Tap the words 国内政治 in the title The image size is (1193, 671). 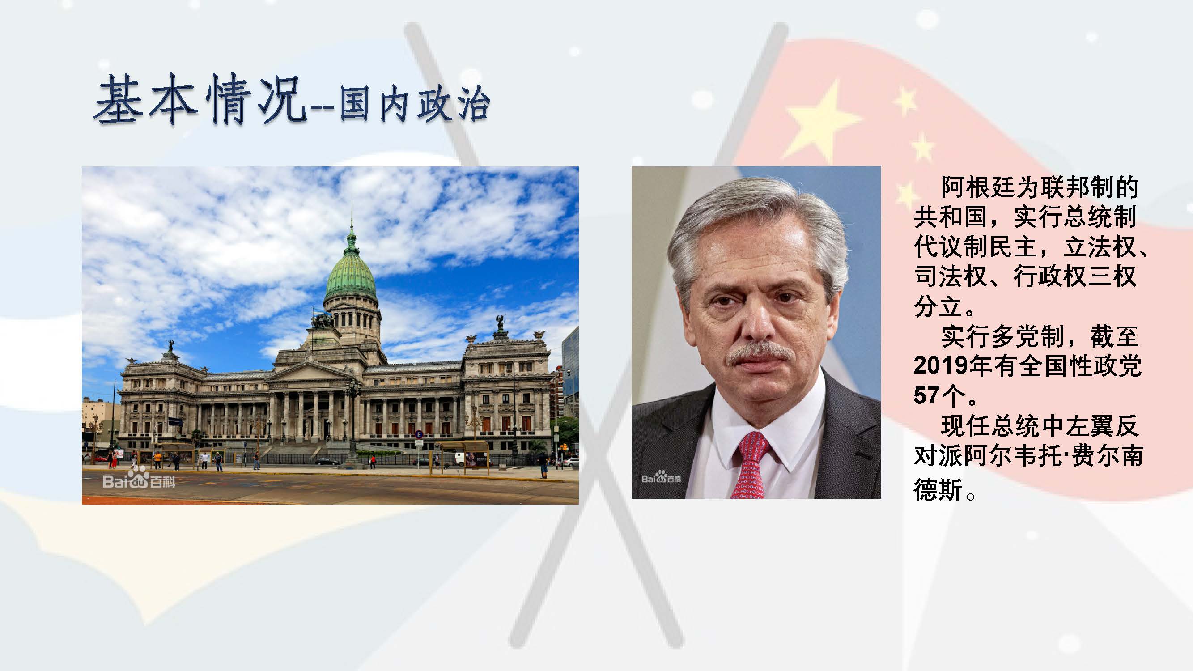[x=415, y=106]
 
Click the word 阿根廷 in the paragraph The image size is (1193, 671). [x=977, y=187]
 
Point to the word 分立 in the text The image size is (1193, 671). [x=938, y=306]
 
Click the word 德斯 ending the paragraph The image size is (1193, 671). [x=938, y=489]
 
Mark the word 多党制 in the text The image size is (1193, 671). [x=1027, y=336]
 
